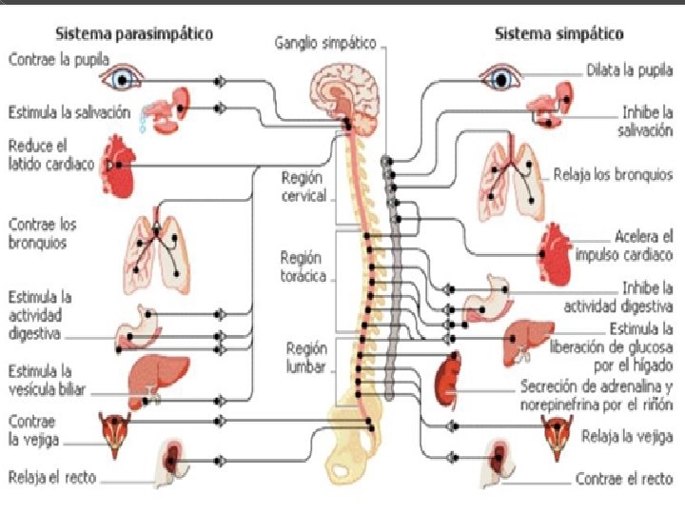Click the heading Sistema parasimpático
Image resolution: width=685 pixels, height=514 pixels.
[133, 33]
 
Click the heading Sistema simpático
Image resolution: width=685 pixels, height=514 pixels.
[558, 33]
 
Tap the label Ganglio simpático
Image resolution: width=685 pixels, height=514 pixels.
[325, 43]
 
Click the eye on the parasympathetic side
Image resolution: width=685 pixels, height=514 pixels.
[122, 77]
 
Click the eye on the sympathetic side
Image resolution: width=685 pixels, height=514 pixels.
[499, 77]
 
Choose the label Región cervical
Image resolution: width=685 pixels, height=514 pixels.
[303, 187]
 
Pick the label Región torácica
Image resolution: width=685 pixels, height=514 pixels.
[303, 267]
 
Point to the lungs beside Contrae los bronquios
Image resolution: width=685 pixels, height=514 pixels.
[156, 250]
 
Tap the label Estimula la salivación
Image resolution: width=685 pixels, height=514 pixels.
[68, 111]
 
